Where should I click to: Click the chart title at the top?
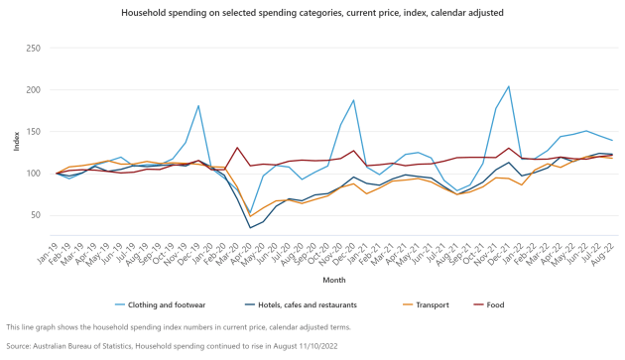pos(313,14)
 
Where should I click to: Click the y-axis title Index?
pos(17,141)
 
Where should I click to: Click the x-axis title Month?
pos(334,281)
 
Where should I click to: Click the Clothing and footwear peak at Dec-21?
pos(509,86)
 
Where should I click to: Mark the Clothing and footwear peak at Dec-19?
pos(198,106)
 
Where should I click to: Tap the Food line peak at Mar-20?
pos(237,148)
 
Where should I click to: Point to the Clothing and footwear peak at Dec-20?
pos(353,100)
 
